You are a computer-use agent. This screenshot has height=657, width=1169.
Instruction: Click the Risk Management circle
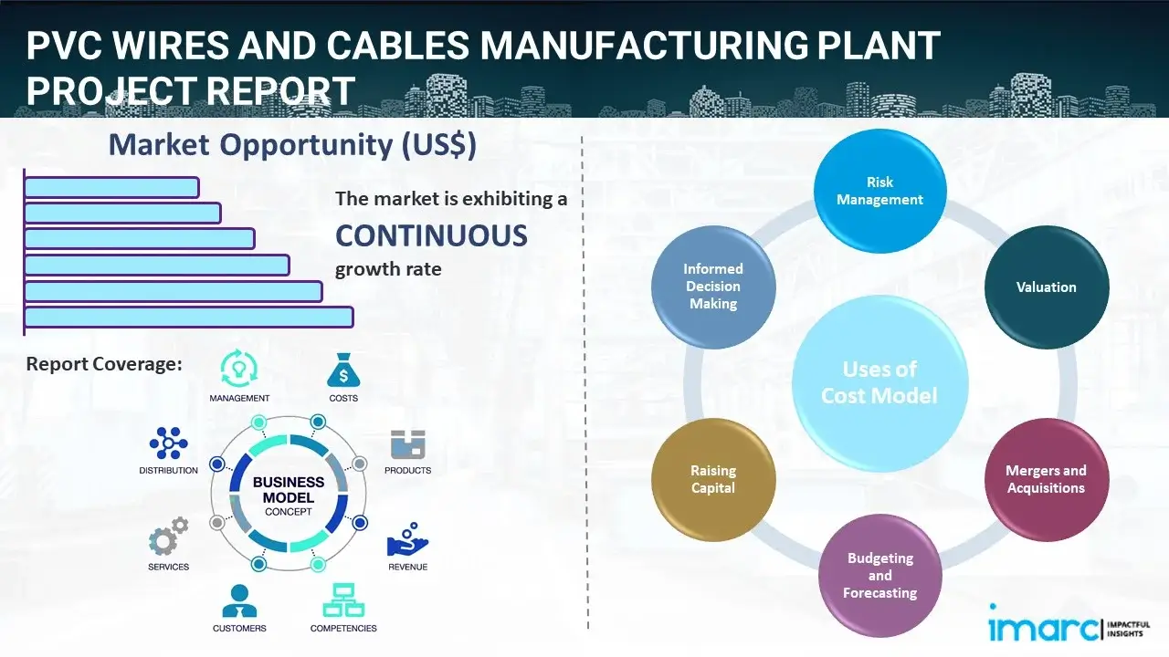(x=879, y=192)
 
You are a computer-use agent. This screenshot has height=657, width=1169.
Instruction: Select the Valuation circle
(x=1046, y=287)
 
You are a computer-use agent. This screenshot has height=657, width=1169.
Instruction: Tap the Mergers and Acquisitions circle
(x=1046, y=479)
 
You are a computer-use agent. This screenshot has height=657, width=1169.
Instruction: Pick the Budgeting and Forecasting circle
(x=879, y=575)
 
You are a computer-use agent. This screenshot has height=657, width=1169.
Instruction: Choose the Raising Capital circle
(x=713, y=479)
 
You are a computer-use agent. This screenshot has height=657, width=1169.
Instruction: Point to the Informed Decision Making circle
(x=713, y=287)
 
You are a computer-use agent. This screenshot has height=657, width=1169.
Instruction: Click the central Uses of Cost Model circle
(x=879, y=382)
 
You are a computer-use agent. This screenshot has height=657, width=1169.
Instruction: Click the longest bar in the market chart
(x=188, y=317)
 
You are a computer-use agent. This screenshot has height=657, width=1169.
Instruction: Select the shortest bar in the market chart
(x=111, y=187)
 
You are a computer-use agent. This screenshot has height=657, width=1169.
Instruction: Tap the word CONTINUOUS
(x=431, y=235)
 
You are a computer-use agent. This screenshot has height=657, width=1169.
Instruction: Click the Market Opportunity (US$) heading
(x=292, y=145)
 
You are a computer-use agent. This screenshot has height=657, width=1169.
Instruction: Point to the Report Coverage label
(x=104, y=364)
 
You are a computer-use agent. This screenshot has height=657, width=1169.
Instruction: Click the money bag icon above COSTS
(x=343, y=370)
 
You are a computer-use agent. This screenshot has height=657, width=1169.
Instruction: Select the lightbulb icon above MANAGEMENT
(x=239, y=369)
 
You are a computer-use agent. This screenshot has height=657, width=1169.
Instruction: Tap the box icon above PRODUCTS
(x=407, y=444)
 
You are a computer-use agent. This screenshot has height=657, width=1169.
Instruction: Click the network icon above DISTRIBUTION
(x=168, y=443)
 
